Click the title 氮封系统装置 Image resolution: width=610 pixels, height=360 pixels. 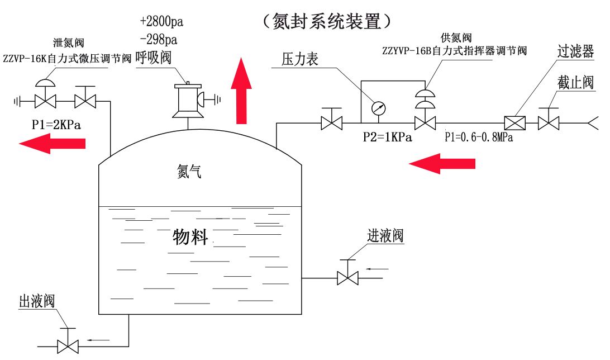(329, 21)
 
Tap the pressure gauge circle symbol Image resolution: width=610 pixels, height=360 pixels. (380, 107)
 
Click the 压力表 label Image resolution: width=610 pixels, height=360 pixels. (299, 59)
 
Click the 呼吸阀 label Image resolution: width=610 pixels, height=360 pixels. (152, 58)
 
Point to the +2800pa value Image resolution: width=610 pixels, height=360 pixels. (162, 22)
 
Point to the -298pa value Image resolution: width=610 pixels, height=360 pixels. (159, 40)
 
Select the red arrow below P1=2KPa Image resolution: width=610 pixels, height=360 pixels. (53, 144)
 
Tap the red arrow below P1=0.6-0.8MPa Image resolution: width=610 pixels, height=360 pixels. (442, 163)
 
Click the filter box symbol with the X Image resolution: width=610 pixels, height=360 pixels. (513, 122)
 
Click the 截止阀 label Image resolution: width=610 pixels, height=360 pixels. (575, 83)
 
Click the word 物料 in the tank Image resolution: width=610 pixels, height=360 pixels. (190, 237)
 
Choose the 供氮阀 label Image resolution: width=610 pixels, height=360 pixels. (456, 37)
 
